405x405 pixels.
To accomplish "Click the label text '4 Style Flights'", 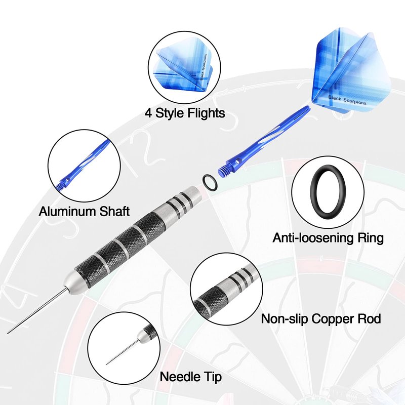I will pyautogui.click(x=185, y=112).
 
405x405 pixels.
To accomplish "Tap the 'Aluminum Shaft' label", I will pyautogui.click(x=84, y=211).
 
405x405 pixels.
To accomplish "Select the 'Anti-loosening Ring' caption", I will pyautogui.click(x=328, y=237).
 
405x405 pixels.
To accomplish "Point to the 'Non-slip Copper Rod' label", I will pyautogui.click(x=321, y=319).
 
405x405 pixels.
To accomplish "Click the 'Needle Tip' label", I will pyautogui.click(x=191, y=377).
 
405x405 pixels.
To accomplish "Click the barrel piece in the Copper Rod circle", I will pyautogui.click(x=223, y=291).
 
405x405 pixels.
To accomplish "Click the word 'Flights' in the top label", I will pyautogui.click(x=205, y=112).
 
